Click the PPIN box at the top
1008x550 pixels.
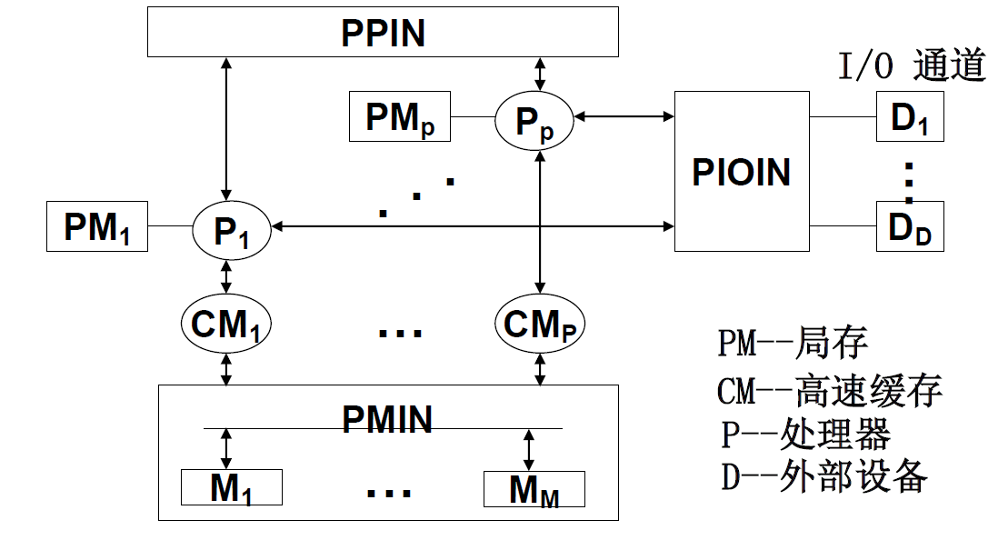tap(383, 34)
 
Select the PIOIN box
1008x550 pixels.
tap(741, 172)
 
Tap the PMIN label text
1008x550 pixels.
tap(387, 419)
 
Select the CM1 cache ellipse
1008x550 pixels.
tap(226, 323)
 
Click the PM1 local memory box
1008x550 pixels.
tap(97, 227)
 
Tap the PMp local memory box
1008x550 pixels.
tap(400, 117)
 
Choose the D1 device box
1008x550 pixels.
tap(909, 117)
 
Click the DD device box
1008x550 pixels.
tap(909, 226)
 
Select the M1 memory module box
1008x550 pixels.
tap(231, 488)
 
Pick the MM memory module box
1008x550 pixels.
tap(534, 489)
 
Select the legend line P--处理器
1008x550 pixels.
tap(805, 434)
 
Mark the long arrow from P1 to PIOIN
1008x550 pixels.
tap(473, 225)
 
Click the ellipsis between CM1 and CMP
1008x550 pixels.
tap(400, 331)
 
